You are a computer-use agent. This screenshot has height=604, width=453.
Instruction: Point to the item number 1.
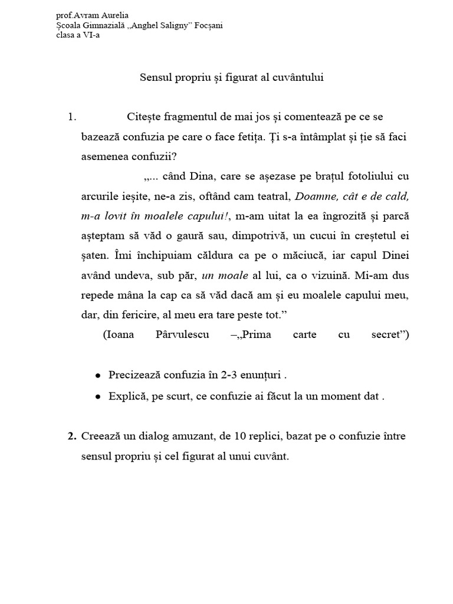pos(72,117)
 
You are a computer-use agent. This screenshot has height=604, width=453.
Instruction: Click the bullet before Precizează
pos(97,376)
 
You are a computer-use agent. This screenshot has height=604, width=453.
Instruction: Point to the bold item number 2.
pos(72,436)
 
